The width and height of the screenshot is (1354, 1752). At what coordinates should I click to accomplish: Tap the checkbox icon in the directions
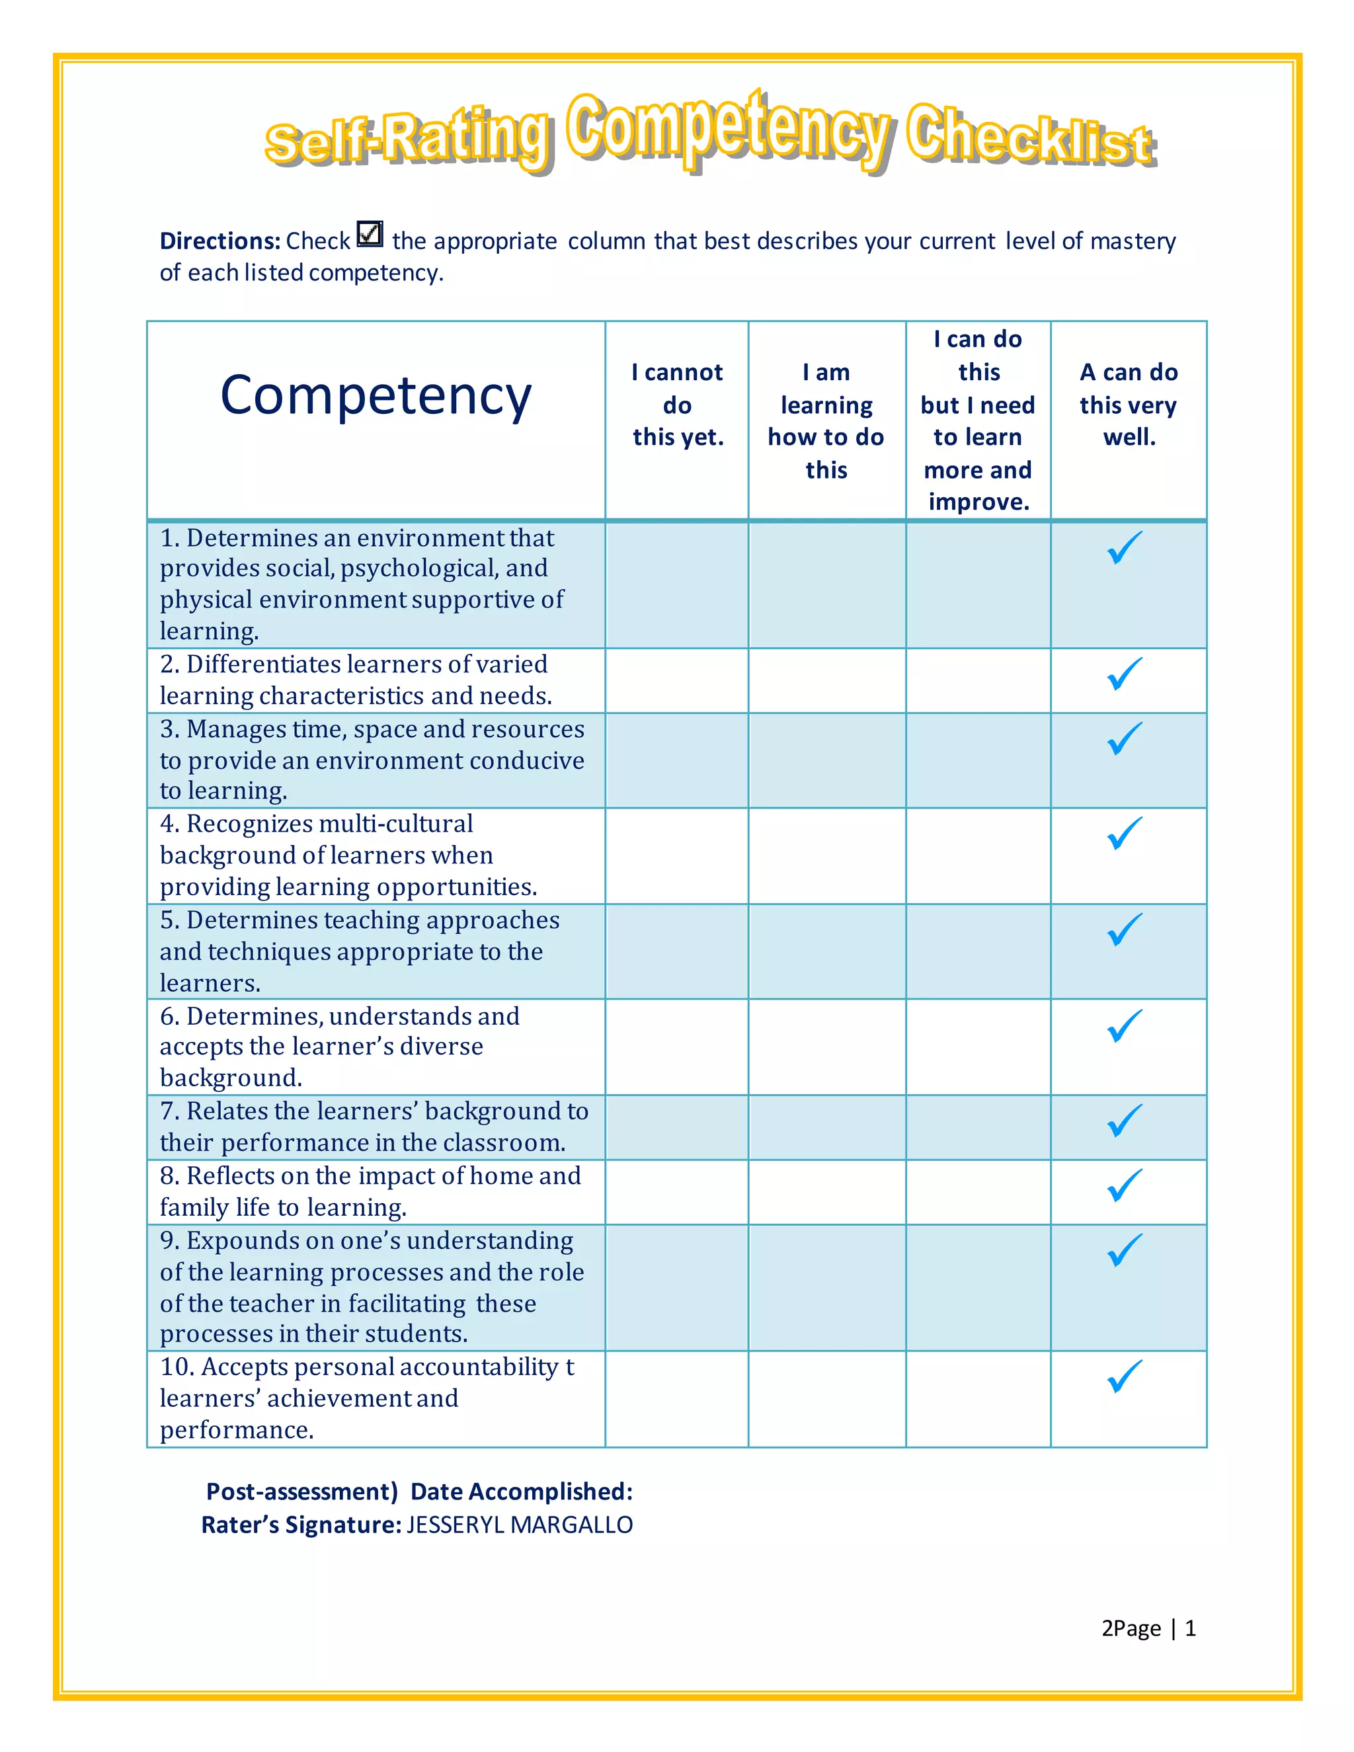point(370,234)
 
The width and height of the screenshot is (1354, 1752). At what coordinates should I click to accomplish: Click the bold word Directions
point(219,241)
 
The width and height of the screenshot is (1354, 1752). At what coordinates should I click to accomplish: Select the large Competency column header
point(376,395)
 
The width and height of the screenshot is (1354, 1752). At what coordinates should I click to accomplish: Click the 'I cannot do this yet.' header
point(677,405)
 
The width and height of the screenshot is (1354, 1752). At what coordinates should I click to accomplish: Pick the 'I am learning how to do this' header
point(826,421)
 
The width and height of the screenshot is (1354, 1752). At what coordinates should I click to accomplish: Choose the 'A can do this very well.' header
point(1128,405)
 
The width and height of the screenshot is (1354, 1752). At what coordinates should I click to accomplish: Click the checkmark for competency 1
point(1125,548)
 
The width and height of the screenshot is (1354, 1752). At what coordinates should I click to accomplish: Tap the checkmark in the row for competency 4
point(1125,834)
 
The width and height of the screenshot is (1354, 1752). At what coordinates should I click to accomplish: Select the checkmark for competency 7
point(1125,1121)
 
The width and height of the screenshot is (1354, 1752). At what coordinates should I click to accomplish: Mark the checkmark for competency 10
point(1125,1376)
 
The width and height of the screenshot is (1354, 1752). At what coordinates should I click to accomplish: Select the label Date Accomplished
point(522,1492)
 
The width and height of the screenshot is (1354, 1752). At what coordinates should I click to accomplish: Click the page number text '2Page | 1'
point(1148,1628)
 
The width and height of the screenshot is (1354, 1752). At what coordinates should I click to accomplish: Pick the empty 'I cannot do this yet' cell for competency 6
point(677,1047)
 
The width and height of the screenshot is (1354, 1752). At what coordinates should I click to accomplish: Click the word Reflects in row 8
point(230,1176)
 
